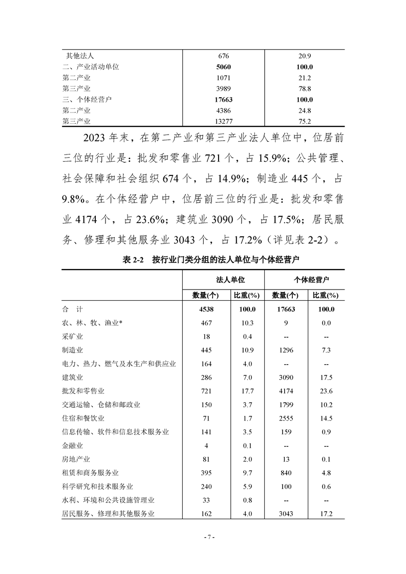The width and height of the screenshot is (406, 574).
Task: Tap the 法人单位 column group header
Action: pyautogui.click(x=224, y=280)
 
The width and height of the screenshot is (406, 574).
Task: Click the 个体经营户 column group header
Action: pyautogui.click(x=304, y=280)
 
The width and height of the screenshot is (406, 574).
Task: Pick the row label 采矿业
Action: pyautogui.click(x=72, y=337)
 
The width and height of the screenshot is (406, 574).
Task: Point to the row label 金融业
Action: pyautogui.click(x=72, y=446)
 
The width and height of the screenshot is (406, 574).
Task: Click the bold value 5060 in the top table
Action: pyautogui.click(x=224, y=67)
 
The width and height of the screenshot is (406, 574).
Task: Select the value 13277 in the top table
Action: pyautogui.click(x=224, y=121)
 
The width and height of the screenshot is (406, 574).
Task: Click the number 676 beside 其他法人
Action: pyautogui.click(x=224, y=55)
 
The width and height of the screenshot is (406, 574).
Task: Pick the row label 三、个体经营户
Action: pyautogui.click(x=90, y=99)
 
